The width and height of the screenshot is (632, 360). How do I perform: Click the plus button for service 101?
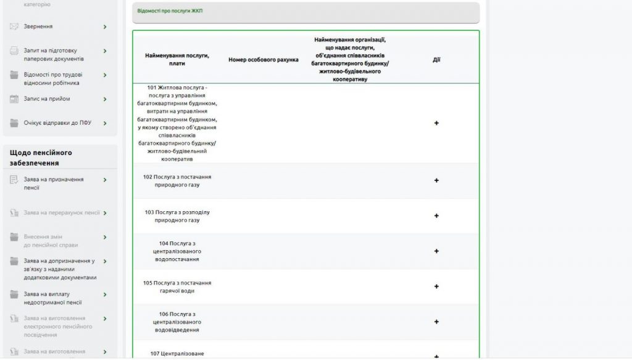pos(436,123)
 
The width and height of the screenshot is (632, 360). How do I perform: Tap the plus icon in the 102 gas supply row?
pos(436,180)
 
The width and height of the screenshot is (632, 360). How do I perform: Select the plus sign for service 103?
pos(436,216)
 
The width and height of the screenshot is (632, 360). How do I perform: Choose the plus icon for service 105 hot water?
pos(436,287)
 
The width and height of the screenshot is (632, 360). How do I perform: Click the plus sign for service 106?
pos(436,322)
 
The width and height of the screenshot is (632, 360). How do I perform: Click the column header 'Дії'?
pos(436,60)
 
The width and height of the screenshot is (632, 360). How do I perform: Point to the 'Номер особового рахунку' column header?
pos(264,60)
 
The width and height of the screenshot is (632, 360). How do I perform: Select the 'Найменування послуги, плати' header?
pos(177,59)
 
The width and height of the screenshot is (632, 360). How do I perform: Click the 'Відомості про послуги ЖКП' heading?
pos(170,11)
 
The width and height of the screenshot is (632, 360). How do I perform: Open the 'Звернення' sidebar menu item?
pos(38,27)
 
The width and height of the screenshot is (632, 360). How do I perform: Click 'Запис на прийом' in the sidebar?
pos(47,99)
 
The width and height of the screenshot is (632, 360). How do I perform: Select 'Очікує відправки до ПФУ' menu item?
pos(57,123)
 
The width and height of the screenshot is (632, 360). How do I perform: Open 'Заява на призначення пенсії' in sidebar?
pos(54,183)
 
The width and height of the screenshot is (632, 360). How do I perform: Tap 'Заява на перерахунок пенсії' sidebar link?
pos(62,212)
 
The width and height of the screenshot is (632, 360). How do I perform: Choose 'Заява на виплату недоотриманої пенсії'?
pos(53,298)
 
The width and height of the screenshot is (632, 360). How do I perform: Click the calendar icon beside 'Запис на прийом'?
pos(14,99)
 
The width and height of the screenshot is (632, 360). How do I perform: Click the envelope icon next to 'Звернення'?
pos(14,27)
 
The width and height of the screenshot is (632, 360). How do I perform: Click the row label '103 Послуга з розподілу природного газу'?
pos(177,216)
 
